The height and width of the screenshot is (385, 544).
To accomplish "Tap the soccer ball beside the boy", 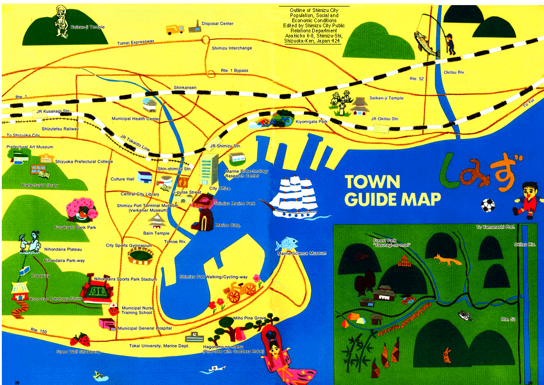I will (x=488, y=205).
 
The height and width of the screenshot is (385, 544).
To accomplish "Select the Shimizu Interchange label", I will (x=232, y=48).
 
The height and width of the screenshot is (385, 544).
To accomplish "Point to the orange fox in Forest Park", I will (x=447, y=260).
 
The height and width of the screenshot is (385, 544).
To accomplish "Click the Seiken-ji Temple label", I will (x=386, y=98).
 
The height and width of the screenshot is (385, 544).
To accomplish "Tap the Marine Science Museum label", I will (x=302, y=254).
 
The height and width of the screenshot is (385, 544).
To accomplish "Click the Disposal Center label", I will (x=217, y=24).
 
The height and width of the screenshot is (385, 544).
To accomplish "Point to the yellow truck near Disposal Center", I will (x=175, y=29).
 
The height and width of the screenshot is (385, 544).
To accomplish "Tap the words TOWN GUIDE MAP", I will (x=392, y=190).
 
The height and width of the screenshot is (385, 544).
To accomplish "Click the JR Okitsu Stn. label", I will (x=384, y=119).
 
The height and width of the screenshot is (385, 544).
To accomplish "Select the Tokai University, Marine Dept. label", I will (x=159, y=346).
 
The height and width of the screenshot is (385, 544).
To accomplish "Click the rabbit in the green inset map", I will (x=446, y=355).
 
